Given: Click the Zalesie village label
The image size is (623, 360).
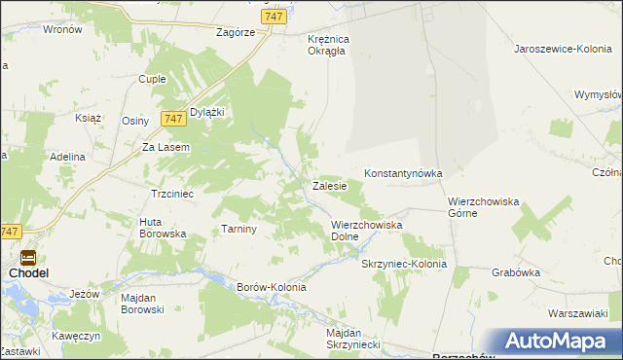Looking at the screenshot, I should click(x=330, y=185).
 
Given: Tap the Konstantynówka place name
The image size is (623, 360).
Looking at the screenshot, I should click(x=403, y=173).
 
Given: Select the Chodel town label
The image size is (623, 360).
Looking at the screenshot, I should click(x=29, y=273).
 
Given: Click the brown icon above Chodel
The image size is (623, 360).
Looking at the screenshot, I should click(x=28, y=258).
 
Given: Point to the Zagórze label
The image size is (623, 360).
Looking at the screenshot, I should click(x=236, y=31).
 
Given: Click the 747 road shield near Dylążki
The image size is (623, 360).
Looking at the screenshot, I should click(x=175, y=118).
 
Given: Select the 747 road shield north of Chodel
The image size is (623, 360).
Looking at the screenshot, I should click(x=10, y=232).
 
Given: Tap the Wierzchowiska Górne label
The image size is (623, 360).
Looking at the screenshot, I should click(x=484, y=207).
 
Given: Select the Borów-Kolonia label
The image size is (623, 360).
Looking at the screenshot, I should click(x=272, y=287).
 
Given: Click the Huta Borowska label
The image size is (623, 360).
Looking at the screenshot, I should click(x=163, y=228).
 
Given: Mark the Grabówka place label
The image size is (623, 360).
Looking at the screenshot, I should click(x=516, y=272).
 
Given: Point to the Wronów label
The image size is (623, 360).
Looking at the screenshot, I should click(x=62, y=29).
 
